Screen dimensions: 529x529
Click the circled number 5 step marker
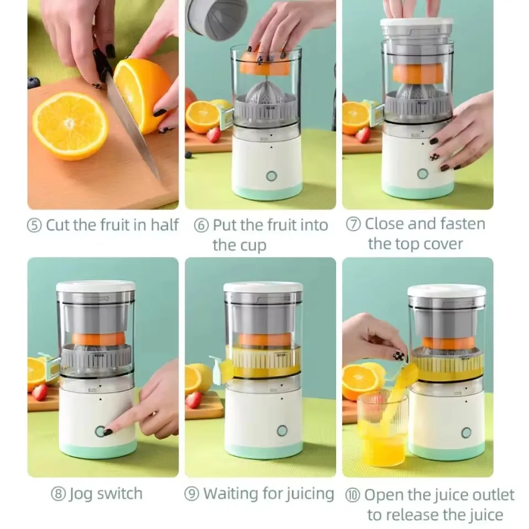pyautogui.click(x=35, y=225)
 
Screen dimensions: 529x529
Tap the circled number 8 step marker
pyautogui.click(x=58, y=493)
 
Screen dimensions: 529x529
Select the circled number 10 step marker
pyautogui.click(x=353, y=494)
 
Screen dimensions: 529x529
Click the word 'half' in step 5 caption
pyautogui.click(x=165, y=225)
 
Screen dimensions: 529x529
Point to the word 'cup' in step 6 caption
pyautogui.click(x=253, y=245)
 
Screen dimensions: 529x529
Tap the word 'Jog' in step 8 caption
pyautogui.click(x=80, y=493)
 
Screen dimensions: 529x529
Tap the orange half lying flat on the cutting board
pyautogui.click(x=70, y=126)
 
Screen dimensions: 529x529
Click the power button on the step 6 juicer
pyautogui.click(x=271, y=176)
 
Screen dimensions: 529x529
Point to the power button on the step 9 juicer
pyautogui.click(x=282, y=430)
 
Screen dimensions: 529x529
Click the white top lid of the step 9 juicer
pyautogui.click(x=263, y=288)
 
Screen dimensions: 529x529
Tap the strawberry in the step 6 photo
pyautogui.click(x=213, y=134)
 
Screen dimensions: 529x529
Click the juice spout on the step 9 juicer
pyautogui.click(x=219, y=368)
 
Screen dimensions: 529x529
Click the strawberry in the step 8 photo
pyautogui.click(x=40, y=392)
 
